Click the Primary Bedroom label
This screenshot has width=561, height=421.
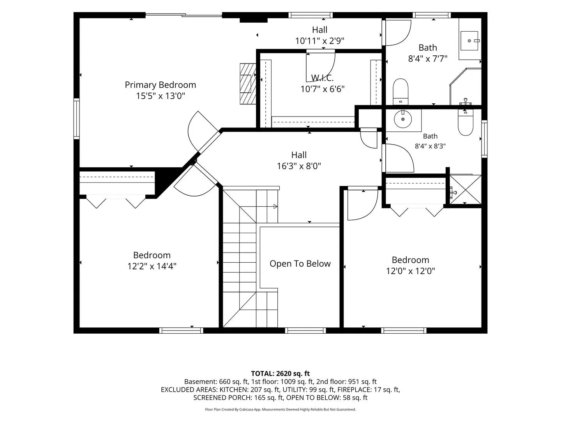tap(160, 85)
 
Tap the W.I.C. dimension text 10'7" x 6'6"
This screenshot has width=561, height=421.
tap(322, 89)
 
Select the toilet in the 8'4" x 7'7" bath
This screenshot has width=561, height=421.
tap(400, 92)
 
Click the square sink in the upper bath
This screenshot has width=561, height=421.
tap(469, 41)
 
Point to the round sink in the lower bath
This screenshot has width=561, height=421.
tap(403, 119)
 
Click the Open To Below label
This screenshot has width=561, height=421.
tap(300, 264)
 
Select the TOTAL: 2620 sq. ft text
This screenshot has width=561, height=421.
tap(280, 374)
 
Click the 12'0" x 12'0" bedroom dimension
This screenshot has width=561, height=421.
tap(410, 271)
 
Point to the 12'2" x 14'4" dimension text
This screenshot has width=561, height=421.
tap(152, 266)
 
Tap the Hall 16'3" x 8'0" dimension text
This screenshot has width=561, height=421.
tap(299, 166)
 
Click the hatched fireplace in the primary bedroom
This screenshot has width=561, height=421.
tap(248, 84)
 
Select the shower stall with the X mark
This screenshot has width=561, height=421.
tap(465, 189)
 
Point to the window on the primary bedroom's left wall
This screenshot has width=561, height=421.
tap(76, 119)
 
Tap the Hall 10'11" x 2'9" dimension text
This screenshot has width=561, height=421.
tap(319, 41)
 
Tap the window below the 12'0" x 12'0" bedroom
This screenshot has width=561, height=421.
tap(404, 331)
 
